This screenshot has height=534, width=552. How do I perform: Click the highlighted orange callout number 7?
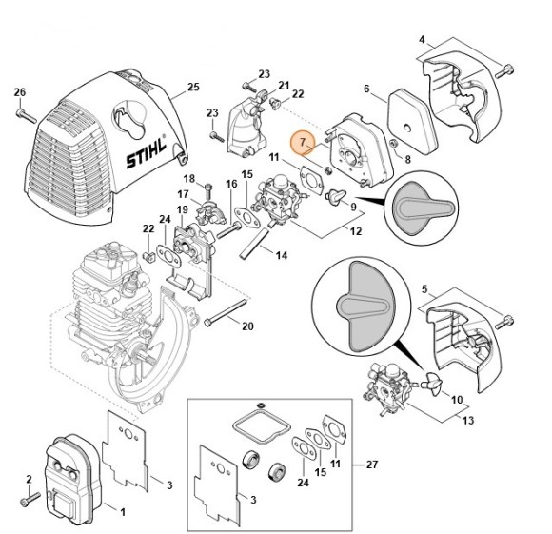point(303,142)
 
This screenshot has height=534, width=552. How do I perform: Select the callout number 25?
point(193,88)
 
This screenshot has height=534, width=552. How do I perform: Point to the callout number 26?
point(18,91)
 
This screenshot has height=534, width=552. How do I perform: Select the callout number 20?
point(248,327)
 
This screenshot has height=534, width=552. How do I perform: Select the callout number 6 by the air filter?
point(366,89)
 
